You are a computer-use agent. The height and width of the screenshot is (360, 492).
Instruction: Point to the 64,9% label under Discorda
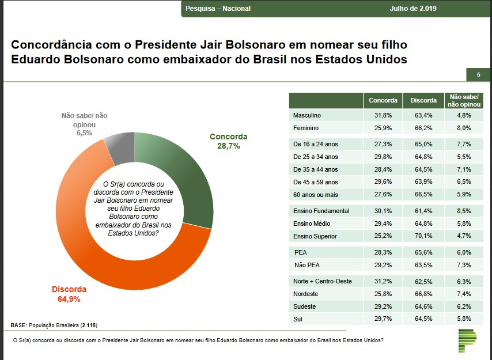[x=69, y=300]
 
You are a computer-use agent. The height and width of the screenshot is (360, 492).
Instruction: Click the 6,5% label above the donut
[x=84, y=132]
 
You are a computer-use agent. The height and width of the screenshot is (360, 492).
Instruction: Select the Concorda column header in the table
[x=383, y=100]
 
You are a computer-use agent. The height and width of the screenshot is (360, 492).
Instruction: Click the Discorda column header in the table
[x=423, y=100]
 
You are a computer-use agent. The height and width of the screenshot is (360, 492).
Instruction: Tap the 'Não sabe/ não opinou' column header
[x=464, y=100]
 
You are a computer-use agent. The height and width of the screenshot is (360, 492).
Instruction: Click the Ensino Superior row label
[x=315, y=236]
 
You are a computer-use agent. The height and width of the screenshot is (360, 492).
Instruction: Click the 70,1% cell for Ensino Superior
[x=423, y=236]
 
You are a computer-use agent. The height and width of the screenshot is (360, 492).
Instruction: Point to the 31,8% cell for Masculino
[x=383, y=115]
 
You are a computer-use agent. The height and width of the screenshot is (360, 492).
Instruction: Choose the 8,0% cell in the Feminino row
[x=464, y=128]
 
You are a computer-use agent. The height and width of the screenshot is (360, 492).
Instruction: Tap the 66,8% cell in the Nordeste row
[x=423, y=294]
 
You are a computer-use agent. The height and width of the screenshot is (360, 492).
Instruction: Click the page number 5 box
[x=478, y=75]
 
